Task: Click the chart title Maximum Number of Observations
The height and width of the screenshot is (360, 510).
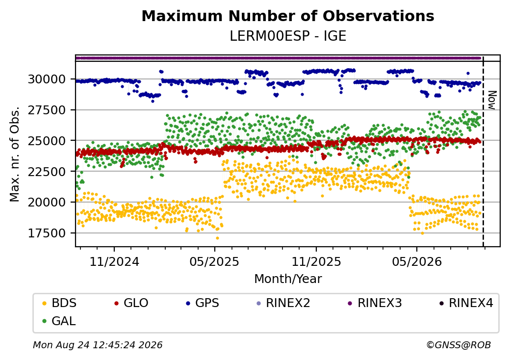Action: point(288,16)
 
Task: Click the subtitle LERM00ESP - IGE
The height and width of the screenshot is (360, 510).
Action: point(288,36)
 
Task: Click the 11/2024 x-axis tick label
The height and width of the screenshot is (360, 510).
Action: point(114,261)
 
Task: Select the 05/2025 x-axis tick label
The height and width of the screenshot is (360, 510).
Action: point(214,261)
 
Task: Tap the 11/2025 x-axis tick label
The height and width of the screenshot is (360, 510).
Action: point(316,261)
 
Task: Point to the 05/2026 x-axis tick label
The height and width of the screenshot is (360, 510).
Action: point(417,261)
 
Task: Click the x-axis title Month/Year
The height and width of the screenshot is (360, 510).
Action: point(288,279)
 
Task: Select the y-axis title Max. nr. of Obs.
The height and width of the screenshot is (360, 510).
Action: point(15,154)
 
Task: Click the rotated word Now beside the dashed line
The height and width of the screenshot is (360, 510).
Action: point(492,100)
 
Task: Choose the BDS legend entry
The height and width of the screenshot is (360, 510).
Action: point(60,303)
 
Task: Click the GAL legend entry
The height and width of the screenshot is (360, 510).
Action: point(59,321)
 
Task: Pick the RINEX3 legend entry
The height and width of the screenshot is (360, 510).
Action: point(375,303)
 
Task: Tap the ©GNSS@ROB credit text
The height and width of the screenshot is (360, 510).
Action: point(459,345)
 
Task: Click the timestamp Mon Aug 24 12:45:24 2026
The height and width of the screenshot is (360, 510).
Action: point(98,345)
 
